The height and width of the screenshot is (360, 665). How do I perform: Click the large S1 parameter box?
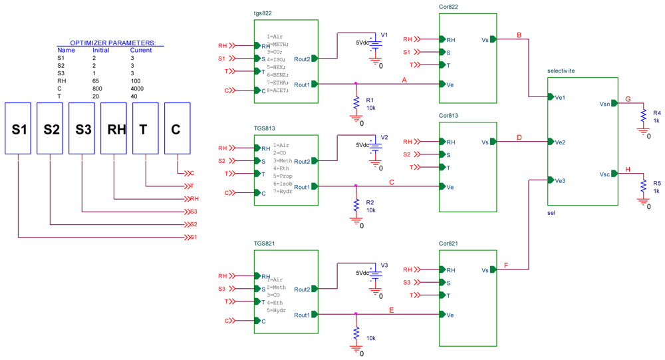pos(18,128)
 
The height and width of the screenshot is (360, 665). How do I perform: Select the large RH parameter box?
pos(114,128)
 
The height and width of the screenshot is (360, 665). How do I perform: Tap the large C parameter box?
pos(177,128)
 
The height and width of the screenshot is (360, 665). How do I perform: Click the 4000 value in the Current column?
pos(139,88)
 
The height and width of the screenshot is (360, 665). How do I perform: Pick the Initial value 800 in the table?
pos(98,88)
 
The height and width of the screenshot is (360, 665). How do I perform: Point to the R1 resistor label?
pos(370,99)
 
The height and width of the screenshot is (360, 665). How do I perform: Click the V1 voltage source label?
pos(384,35)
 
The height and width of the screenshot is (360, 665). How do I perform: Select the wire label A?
pos(404,80)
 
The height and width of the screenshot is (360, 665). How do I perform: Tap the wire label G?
pos(627,99)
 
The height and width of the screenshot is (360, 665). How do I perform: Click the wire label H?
pos(627,170)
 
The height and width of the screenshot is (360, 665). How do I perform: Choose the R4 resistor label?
pos(657,113)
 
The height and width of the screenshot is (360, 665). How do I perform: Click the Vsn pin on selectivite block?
pos(604,104)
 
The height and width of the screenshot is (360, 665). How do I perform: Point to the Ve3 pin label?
pos(560,180)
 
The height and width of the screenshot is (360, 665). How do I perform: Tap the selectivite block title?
pos(561,71)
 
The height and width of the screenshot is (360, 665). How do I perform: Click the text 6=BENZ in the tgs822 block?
pos(278,75)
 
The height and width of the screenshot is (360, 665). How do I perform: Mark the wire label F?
pos(506,266)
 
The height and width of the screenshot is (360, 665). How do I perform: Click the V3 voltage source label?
pos(384,265)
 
